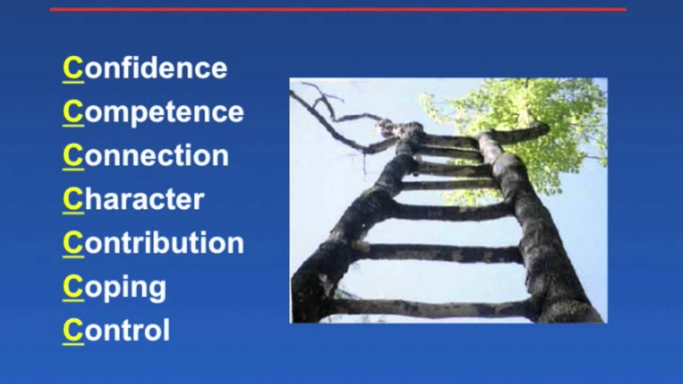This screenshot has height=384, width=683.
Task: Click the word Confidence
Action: point(145,68)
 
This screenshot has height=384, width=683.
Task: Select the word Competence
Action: point(153,112)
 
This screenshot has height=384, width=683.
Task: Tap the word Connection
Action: point(146,156)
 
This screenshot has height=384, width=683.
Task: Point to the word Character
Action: point(133,199)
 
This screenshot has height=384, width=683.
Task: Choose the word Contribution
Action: point(153,243)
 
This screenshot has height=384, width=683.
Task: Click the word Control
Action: point(116,330)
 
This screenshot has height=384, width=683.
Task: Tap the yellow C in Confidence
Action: point(73,68)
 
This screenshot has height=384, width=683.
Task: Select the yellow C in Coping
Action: point(73,286)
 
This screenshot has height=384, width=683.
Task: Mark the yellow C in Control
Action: point(73,330)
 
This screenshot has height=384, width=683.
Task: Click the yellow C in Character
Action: point(73,199)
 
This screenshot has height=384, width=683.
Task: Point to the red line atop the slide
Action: point(338,9)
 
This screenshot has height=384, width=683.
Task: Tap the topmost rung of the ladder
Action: point(448,141)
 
